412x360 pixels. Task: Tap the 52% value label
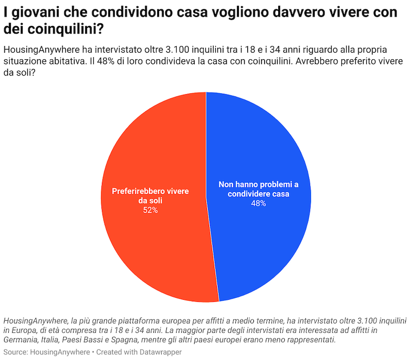(x=150, y=210)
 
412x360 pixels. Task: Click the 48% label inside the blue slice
(x=259, y=203)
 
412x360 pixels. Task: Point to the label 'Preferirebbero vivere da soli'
(x=150, y=196)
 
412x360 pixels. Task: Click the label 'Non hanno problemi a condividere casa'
(x=259, y=189)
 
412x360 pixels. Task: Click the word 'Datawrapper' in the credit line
(x=160, y=352)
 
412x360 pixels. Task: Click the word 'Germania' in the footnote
(x=21, y=340)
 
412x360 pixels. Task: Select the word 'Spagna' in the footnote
(x=124, y=340)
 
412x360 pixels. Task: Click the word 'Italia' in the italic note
(x=49, y=340)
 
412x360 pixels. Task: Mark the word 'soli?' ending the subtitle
(x=24, y=73)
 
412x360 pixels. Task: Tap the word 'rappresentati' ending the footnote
(x=312, y=340)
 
